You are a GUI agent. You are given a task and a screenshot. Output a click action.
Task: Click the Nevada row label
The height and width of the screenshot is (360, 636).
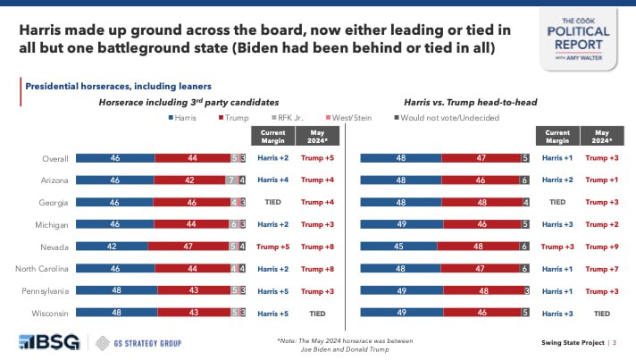pyautogui.click(x=55, y=245)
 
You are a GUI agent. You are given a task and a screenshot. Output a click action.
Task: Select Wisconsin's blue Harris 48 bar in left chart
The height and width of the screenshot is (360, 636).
pyautogui.click(x=117, y=311)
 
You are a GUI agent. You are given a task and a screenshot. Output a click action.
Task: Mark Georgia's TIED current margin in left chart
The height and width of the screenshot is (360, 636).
pyautogui.click(x=273, y=202)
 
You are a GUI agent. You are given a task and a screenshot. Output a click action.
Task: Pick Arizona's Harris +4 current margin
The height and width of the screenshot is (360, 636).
pyautogui.click(x=273, y=180)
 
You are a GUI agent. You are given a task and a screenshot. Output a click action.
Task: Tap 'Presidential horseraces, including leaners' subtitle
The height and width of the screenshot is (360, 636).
pyautogui.click(x=118, y=86)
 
